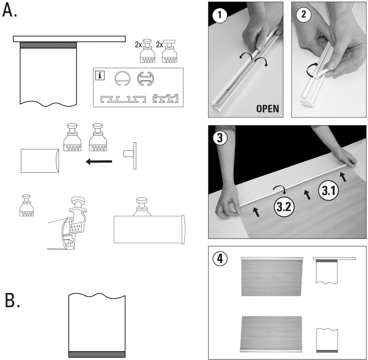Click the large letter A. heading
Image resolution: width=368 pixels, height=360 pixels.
pos(10,11)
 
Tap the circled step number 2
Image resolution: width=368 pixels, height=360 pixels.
pos(304,14)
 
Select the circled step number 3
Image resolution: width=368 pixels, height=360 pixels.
pos(220,138)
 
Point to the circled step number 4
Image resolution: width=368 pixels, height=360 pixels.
pos(220,258)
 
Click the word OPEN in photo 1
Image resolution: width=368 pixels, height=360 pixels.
pos(267,108)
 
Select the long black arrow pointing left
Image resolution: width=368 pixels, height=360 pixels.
pos(99,161)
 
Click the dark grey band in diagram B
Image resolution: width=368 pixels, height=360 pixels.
pos(97,354)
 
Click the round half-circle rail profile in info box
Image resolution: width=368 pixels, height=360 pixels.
pos(122,79)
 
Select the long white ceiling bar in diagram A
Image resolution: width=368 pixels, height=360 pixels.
pos(69,39)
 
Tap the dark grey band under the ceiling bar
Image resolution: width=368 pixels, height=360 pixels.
pos(48,45)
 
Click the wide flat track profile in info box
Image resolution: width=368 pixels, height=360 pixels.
pos(123,99)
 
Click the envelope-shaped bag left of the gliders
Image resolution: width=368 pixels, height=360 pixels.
pos(40,161)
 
